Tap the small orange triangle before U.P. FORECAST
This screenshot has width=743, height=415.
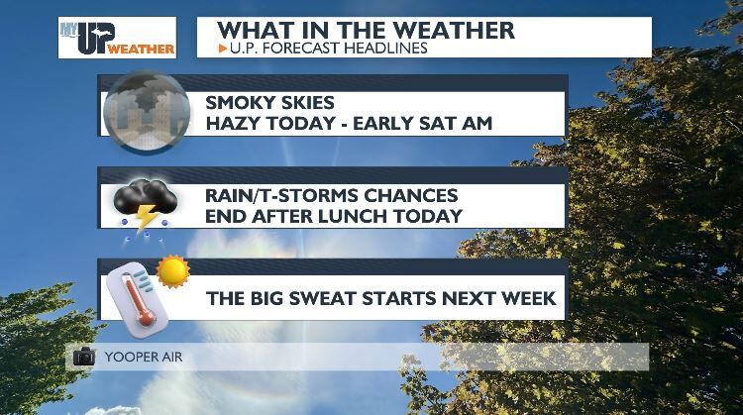221,47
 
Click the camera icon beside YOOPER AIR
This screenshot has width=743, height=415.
84,357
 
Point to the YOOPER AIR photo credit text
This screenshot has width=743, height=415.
137,357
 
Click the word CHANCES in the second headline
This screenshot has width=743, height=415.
417,194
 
